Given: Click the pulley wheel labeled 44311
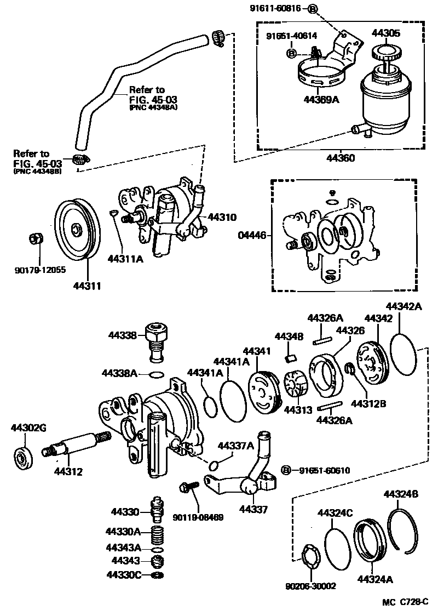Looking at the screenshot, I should click(x=74, y=230).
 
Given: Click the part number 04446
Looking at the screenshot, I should click(x=251, y=236).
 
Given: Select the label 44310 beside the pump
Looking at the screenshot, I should click(x=221, y=217).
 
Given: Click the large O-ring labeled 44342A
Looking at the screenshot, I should click(x=405, y=351).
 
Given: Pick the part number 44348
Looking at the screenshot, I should click(x=285, y=336).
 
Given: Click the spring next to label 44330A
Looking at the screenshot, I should click(x=158, y=534).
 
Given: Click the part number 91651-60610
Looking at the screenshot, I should click(x=322, y=470).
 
